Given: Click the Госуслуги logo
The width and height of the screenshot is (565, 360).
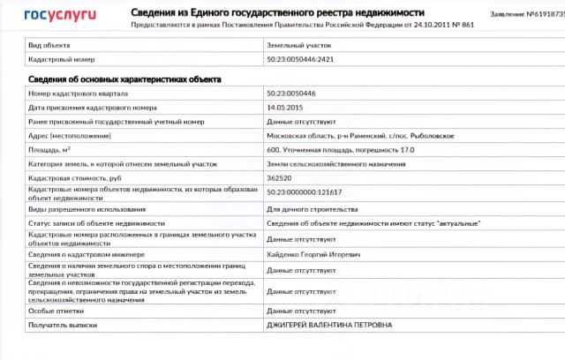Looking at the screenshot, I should [x=61, y=15].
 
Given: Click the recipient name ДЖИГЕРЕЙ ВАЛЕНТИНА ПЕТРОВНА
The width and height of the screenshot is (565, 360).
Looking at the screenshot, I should [x=329, y=325].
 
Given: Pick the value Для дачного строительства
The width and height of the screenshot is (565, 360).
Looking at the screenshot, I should [x=312, y=209].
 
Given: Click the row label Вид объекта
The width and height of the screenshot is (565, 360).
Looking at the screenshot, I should [x=49, y=43].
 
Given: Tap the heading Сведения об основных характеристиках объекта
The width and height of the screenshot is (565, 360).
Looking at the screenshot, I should [x=124, y=79].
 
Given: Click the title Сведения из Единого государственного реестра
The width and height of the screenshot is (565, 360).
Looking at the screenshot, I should [x=277, y=13].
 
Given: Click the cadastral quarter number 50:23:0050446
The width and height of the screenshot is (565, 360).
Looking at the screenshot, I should [x=291, y=93].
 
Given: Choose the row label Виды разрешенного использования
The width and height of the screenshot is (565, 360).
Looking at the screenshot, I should [x=87, y=209].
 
